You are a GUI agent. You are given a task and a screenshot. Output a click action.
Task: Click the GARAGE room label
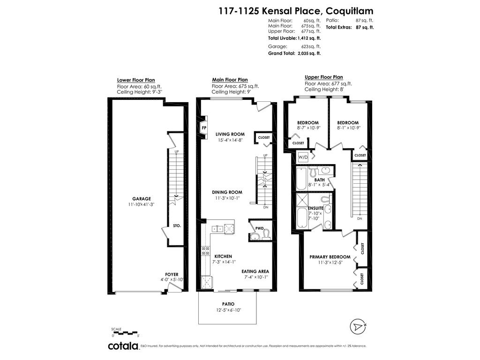click(x=142, y=199)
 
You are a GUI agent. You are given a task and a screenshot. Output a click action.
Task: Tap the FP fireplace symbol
click(x=204, y=127)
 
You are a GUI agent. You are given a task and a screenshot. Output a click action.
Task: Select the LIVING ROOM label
click(x=230, y=134)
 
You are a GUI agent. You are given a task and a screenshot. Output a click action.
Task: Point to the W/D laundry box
click(x=303, y=157)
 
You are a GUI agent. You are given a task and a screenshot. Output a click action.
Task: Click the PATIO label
click(x=228, y=304)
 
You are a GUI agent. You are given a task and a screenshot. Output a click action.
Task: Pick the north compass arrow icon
click(x=358, y=327)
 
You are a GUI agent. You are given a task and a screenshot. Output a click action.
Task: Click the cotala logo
click(x=123, y=346)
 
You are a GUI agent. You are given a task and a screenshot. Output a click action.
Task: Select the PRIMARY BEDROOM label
click(x=330, y=257)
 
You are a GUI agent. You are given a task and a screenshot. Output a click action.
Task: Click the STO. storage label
click(x=177, y=225)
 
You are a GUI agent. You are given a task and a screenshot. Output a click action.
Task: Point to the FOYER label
click(x=172, y=275)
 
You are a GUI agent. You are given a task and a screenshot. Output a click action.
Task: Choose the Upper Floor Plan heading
click(x=324, y=77)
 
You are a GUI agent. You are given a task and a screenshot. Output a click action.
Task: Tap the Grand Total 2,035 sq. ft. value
click(x=308, y=53)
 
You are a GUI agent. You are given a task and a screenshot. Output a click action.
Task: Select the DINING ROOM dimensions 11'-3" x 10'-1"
click(x=227, y=198)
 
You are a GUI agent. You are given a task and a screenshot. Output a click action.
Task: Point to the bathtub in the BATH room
click(x=301, y=179)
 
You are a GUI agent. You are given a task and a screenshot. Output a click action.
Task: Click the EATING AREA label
click(x=255, y=271)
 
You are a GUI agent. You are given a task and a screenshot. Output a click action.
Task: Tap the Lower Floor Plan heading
click(x=136, y=80)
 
